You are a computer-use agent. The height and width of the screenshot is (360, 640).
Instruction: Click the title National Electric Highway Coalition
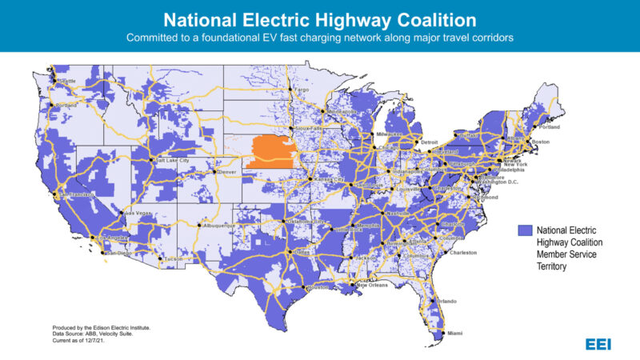pyautogui.click(x=319, y=18)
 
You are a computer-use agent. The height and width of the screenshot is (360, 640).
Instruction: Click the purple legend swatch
pyautogui.click(x=524, y=230)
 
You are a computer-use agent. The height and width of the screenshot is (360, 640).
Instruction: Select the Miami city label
pyautogui.click(x=454, y=333)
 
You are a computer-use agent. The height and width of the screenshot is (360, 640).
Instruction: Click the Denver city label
pyautogui.click(x=228, y=172)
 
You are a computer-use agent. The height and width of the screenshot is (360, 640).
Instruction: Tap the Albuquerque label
pyautogui.click(x=217, y=226)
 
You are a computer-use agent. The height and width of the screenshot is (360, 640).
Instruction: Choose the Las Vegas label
pyautogui.click(x=137, y=214)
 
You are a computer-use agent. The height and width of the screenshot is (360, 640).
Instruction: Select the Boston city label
pyautogui.click(x=541, y=142)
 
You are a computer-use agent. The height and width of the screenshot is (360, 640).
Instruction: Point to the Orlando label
pyautogui.click(x=446, y=301)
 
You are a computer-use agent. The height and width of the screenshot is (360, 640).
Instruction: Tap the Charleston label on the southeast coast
pyautogui.click(x=464, y=252)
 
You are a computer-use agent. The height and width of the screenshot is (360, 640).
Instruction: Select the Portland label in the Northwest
pyautogui.click(x=67, y=105)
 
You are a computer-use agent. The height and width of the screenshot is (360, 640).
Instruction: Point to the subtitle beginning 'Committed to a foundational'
pyautogui.click(x=319, y=38)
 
